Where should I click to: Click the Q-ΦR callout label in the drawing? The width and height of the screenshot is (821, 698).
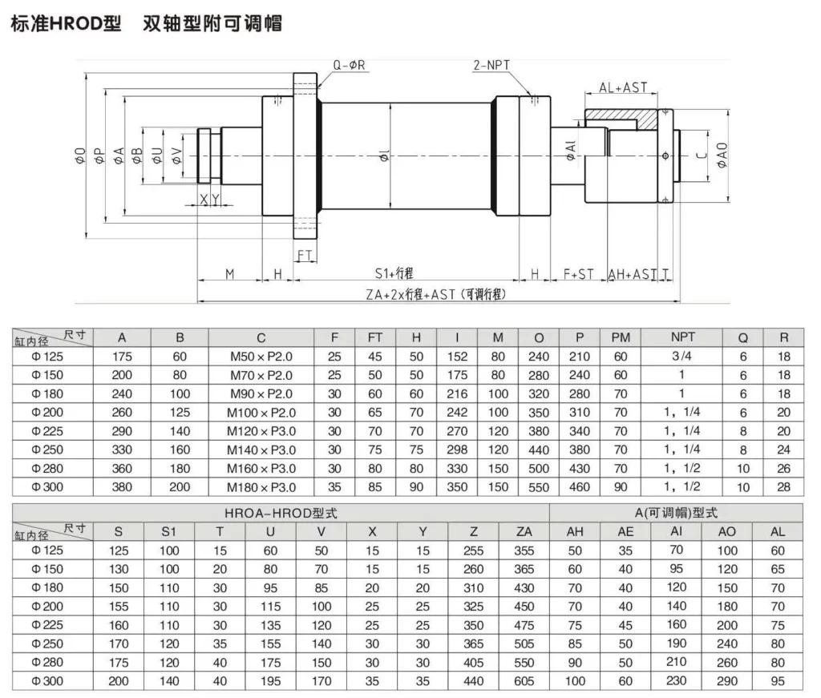click(350, 65)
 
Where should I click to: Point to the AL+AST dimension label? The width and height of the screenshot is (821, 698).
click(623, 87)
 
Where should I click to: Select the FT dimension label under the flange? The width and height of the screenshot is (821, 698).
click(305, 255)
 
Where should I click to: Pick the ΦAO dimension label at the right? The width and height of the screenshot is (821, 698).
click(722, 154)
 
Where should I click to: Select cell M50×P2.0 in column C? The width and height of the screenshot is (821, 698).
click(261, 357)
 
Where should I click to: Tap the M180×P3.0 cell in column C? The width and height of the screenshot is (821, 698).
click(261, 486)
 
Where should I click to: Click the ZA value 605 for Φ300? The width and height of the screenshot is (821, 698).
click(524, 680)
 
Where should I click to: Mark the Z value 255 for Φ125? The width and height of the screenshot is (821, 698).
click(473, 551)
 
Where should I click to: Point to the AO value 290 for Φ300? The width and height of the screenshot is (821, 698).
click(727, 680)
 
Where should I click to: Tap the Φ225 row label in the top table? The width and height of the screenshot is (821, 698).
click(47, 431)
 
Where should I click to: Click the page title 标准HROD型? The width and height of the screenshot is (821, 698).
click(64, 23)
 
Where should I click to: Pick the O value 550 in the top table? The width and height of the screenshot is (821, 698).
click(538, 486)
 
